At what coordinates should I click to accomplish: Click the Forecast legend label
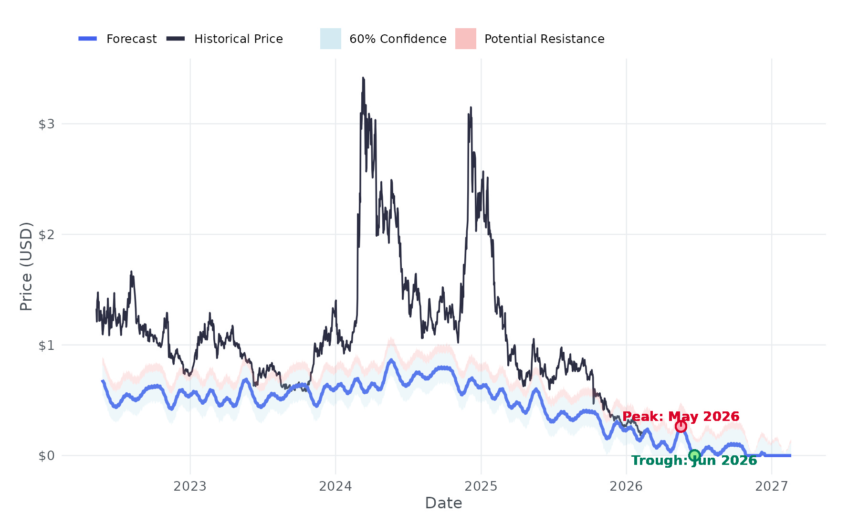pos(131,39)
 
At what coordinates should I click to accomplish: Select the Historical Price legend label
pos(238,39)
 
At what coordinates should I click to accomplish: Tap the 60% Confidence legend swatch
pos(330,39)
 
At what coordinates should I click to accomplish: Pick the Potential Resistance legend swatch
pos(465,39)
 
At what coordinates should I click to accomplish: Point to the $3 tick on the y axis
pos(46,124)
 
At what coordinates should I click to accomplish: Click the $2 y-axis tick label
pos(46,234)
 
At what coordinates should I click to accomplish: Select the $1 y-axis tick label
pos(46,345)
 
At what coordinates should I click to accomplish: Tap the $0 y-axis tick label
pos(46,456)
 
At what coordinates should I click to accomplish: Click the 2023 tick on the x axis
pos(190,486)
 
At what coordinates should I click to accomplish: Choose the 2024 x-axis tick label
pos(335,486)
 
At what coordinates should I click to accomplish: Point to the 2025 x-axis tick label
pos(481,486)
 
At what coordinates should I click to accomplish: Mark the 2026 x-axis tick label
pos(626,486)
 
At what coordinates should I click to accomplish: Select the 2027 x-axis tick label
pos(772,486)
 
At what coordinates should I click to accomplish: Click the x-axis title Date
pos(443,503)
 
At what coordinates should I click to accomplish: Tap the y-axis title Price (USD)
pos(26,266)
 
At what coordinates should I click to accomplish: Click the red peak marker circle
pos(681,426)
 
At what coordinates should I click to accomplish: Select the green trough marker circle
pos(694,455)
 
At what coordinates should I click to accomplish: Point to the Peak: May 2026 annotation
pos(681,417)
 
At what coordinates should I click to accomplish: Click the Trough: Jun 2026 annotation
pos(694,461)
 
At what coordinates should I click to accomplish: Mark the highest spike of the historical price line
pos(363,78)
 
